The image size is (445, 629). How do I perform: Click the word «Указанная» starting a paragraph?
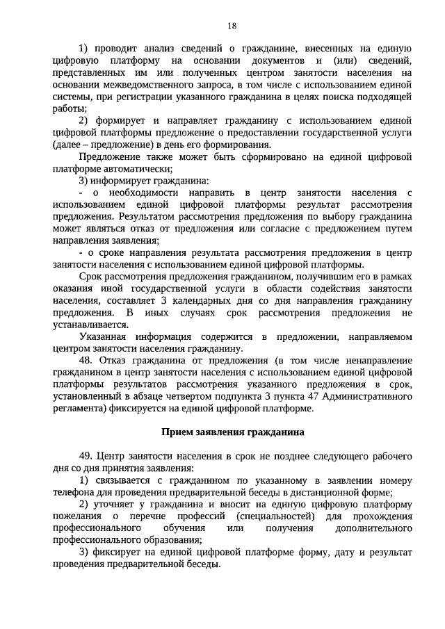point(102,336)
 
